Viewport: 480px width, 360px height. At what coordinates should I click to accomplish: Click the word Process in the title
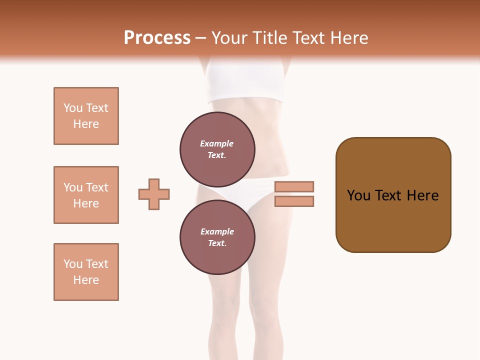[157, 38]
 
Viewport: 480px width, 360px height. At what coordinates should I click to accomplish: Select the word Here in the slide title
[345, 38]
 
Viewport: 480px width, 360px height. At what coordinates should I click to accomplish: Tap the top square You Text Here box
[86, 116]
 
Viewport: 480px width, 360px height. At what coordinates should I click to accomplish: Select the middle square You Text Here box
[86, 195]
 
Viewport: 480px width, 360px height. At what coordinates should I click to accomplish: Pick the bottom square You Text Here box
[86, 272]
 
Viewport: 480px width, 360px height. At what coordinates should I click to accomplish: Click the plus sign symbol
[154, 194]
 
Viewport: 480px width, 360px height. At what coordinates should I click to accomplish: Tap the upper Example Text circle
[217, 149]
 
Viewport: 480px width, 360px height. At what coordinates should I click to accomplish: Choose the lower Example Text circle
[217, 237]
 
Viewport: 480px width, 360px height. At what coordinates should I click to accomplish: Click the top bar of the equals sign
[294, 186]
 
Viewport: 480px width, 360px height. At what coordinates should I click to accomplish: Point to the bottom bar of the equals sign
[294, 201]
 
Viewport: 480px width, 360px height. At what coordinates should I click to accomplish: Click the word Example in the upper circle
[217, 143]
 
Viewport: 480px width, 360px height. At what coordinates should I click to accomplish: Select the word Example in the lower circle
[217, 231]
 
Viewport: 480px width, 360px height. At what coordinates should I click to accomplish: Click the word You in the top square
[73, 108]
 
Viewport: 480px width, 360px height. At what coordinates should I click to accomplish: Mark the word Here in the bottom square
[86, 280]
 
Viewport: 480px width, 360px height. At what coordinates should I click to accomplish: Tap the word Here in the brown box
[423, 195]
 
